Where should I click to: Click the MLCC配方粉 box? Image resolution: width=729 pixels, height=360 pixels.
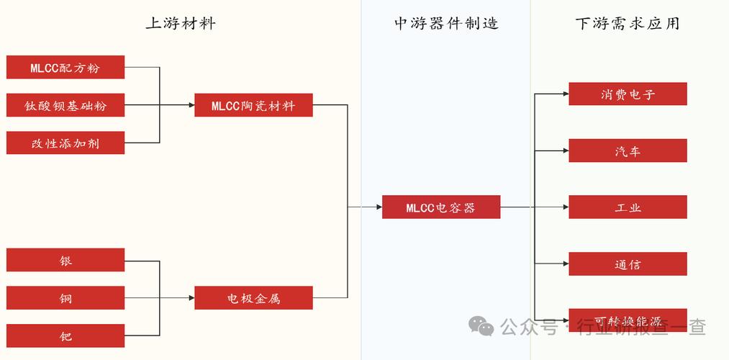coord(65,68)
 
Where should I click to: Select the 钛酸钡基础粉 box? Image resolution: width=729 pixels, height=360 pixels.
coord(65,105)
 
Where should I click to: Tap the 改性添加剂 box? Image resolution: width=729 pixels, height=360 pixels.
coord(65,143)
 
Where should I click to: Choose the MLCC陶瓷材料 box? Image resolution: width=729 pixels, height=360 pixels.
coord(253,105)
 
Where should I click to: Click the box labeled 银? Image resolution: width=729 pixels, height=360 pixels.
coord(65,260)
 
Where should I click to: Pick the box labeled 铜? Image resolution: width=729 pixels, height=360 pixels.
coord(65,297)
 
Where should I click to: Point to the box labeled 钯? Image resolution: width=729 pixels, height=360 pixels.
coord(65,336)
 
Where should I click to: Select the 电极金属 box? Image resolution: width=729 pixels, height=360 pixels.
coord(253,297)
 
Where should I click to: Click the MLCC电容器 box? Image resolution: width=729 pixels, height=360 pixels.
coord(440,207)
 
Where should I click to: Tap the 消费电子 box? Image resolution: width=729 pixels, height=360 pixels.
coord(628,94)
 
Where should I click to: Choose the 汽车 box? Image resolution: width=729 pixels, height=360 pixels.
coord(628,150)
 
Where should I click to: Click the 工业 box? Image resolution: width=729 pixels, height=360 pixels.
coord(628,207)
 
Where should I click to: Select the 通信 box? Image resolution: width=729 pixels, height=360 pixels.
coord(628,264)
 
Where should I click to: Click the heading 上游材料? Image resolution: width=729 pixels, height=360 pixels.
coord(181,23)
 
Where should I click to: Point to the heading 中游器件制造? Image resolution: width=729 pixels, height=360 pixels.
coord(446,23)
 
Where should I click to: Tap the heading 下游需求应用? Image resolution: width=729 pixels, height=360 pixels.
coord(628,23)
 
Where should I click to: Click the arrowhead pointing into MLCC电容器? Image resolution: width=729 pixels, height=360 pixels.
coord(379,207)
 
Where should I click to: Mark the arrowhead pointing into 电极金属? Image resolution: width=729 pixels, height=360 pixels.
coord(191,297)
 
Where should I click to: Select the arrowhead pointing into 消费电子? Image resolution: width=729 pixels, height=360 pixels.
coord(565,94)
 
